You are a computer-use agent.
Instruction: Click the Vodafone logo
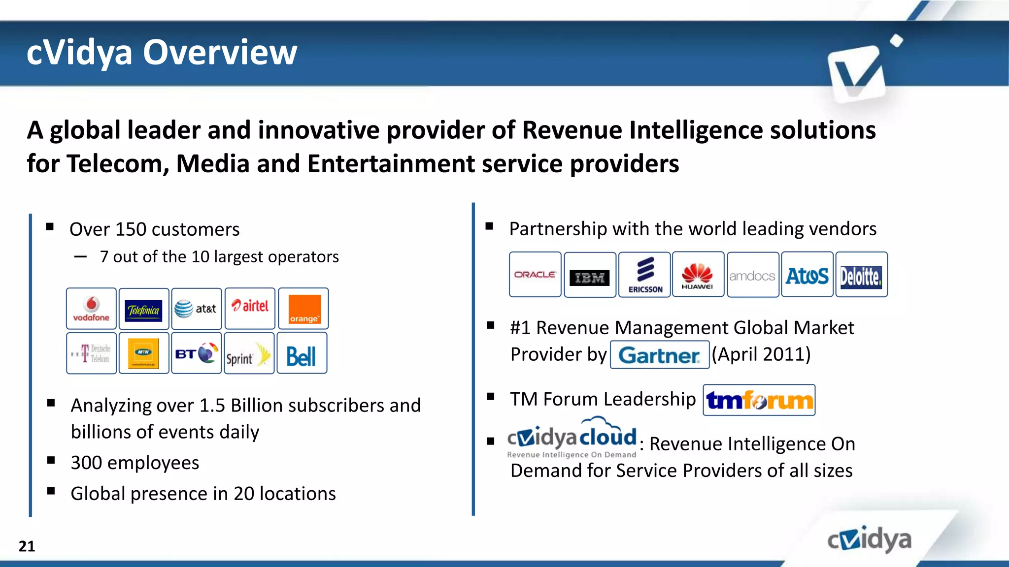click(x=91, y=309)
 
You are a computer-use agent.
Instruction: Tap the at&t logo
click(x=196, y=309)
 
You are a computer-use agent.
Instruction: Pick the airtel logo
click(x=250, y=307)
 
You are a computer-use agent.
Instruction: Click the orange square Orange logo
click(x=304, y=309)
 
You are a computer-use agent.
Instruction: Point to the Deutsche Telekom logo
click(x=91, y=353)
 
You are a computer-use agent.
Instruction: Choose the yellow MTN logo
click(x=143, y=353)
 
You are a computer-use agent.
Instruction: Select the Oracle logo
click(x=535, y=275)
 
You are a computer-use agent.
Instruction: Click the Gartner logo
click(x=659, y=355)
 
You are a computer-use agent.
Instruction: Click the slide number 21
click(x=27, y=546)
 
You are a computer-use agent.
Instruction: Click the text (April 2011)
click(x=762, y=354)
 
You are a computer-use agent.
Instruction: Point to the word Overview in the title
click(x=220, y=52)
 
